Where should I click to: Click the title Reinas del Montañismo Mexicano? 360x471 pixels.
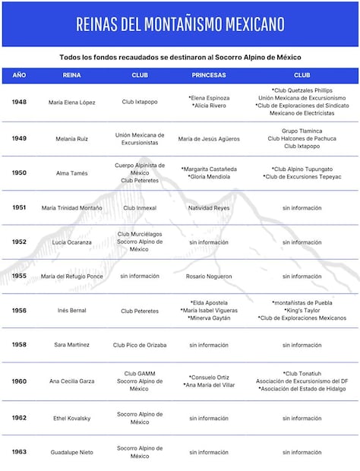180,24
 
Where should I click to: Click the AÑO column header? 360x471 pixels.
19,76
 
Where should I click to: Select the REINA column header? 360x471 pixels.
71,76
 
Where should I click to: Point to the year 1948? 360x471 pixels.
19,102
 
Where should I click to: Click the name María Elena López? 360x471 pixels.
71,102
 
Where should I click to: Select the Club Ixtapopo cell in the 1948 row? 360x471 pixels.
140,102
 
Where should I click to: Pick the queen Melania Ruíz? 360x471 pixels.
71,139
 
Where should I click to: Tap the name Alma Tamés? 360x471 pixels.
71,173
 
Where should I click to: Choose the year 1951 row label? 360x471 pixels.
19,207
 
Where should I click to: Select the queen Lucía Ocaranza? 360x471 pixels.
71,242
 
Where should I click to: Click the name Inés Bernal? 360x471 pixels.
71,311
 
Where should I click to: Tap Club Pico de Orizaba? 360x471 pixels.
140,345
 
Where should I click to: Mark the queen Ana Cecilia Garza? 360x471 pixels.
71,381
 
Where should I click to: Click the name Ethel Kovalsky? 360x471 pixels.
71,418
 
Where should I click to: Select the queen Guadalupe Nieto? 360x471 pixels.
71,452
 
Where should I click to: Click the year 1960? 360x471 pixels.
19,381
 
